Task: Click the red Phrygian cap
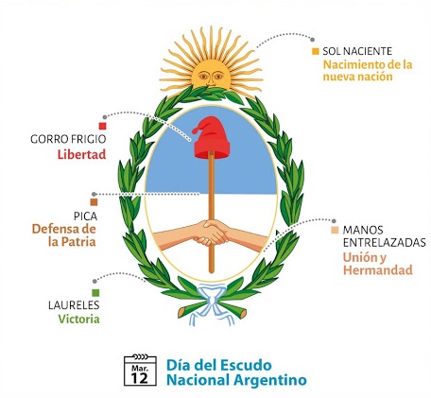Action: tap(212, 138)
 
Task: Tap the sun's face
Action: tap(211, 75)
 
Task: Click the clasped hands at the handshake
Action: tap(212, 233)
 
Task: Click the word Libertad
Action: tap(81, 154)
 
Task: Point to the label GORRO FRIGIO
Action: tap(68, 139)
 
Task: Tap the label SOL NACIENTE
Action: tap(357, 51)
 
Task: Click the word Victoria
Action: tap(79, 319)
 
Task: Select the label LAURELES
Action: tap(74, 305)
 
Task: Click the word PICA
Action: tap(85, 216)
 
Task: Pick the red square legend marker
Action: tap(102, 126)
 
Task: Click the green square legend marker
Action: tap(95, 293)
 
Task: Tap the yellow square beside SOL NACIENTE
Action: tap(316, 51)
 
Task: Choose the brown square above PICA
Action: tap(94, 202)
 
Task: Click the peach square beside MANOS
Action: tap(335, 230)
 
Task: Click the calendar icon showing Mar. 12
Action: tap(140, 370)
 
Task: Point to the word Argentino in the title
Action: tap(270, 380)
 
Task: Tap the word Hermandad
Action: tap(378, 270)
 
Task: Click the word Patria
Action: tap(78, 242)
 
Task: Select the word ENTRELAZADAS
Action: tap(385, 243)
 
